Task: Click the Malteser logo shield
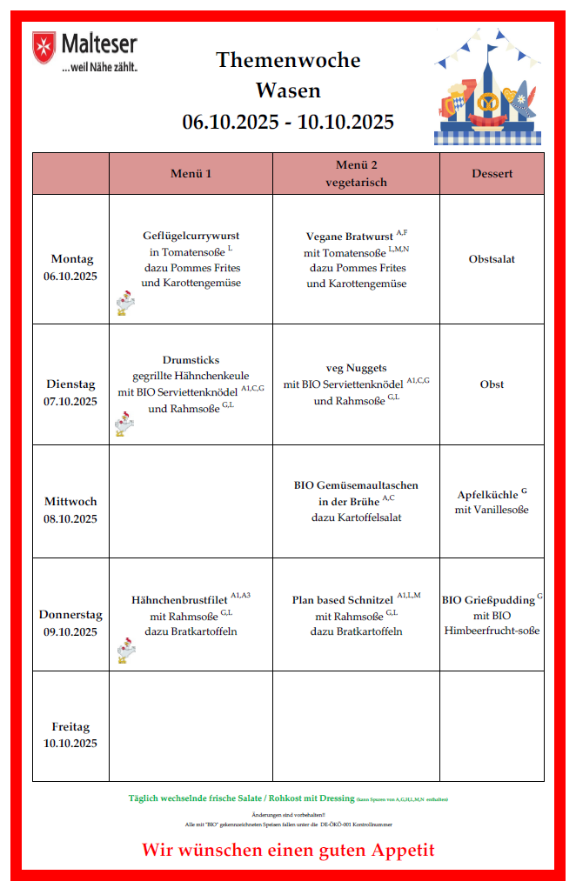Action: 44,45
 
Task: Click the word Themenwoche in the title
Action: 288,60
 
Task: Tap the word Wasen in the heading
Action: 288,90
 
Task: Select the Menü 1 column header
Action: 191,173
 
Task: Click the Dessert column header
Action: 492,173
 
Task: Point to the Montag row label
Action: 71,259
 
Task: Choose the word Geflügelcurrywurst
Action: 191,236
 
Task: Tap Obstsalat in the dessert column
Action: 492,259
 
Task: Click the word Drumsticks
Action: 191,360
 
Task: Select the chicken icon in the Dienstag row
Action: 124,424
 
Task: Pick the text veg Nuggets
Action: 356,368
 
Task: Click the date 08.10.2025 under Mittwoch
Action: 70,519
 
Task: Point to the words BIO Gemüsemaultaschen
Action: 356,485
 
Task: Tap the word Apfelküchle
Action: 487,496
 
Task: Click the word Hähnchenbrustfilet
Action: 179,600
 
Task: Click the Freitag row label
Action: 70,727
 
